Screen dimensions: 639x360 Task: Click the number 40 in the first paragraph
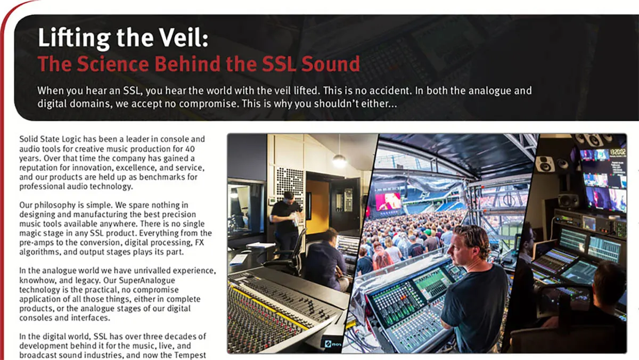coord(190,149)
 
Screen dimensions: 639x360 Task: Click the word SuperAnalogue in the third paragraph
coord(147,281)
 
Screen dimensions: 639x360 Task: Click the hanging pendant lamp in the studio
coord(339,161)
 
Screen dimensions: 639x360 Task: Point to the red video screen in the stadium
coord(388,201)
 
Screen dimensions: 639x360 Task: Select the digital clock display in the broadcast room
coord(618,152)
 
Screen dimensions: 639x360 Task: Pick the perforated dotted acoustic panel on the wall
coord(290,183)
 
